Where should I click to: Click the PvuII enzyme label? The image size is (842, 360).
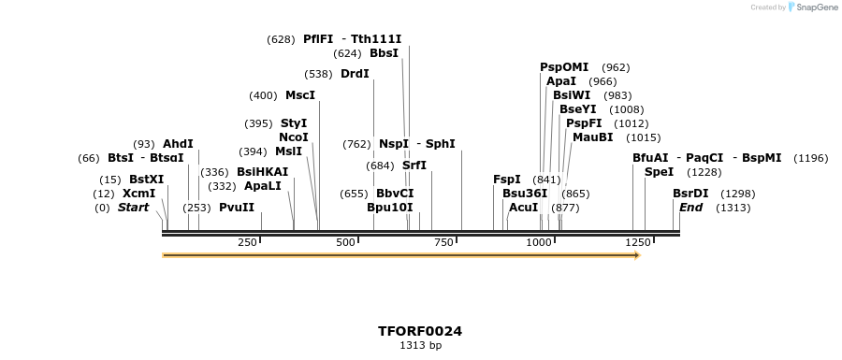[237, 208]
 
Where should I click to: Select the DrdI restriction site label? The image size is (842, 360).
[355, 74]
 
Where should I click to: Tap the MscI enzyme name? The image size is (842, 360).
[300, 95]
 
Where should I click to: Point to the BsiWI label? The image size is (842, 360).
[572, 95]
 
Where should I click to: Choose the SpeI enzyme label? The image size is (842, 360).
[659, 172]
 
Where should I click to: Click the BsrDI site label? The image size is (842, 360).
[690, 194]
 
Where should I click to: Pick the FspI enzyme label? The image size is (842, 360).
[507, 180]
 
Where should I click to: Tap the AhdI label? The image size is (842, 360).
[178, 144]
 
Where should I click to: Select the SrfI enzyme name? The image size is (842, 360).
[414, 166]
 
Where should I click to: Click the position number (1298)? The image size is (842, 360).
[738, 194]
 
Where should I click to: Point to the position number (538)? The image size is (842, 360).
[319, 74]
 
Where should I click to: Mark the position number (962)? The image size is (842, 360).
[616, 67]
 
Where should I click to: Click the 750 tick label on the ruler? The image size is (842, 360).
[444, 243]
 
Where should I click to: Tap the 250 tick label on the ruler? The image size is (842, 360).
[247, 243]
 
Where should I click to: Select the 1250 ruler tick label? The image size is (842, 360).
[637, 243]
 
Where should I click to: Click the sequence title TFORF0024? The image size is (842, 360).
[420, 331]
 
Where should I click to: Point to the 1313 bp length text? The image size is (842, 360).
[420, 346]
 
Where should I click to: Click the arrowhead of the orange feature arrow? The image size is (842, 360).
[636, 254]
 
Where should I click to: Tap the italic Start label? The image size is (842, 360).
[133, 208]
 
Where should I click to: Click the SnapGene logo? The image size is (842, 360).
[812, 7]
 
